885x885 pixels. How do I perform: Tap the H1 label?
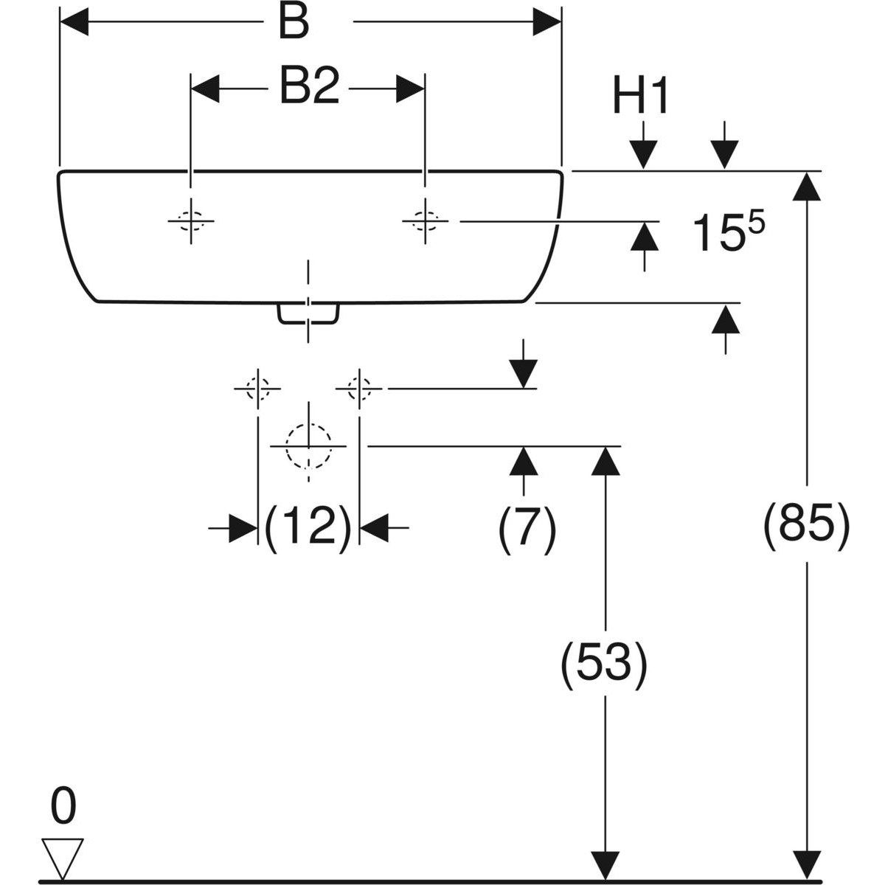[640, 97]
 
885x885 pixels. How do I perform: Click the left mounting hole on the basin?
[191, 220]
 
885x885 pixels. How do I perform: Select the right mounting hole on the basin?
[425, 220]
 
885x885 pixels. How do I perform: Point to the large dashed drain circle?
[308, 446]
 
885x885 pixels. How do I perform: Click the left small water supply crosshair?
[257, 387]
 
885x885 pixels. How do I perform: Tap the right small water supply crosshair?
[359, 387]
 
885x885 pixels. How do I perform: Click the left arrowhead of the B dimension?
[74, 23]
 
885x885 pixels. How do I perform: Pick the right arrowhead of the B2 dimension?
[410, 89]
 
